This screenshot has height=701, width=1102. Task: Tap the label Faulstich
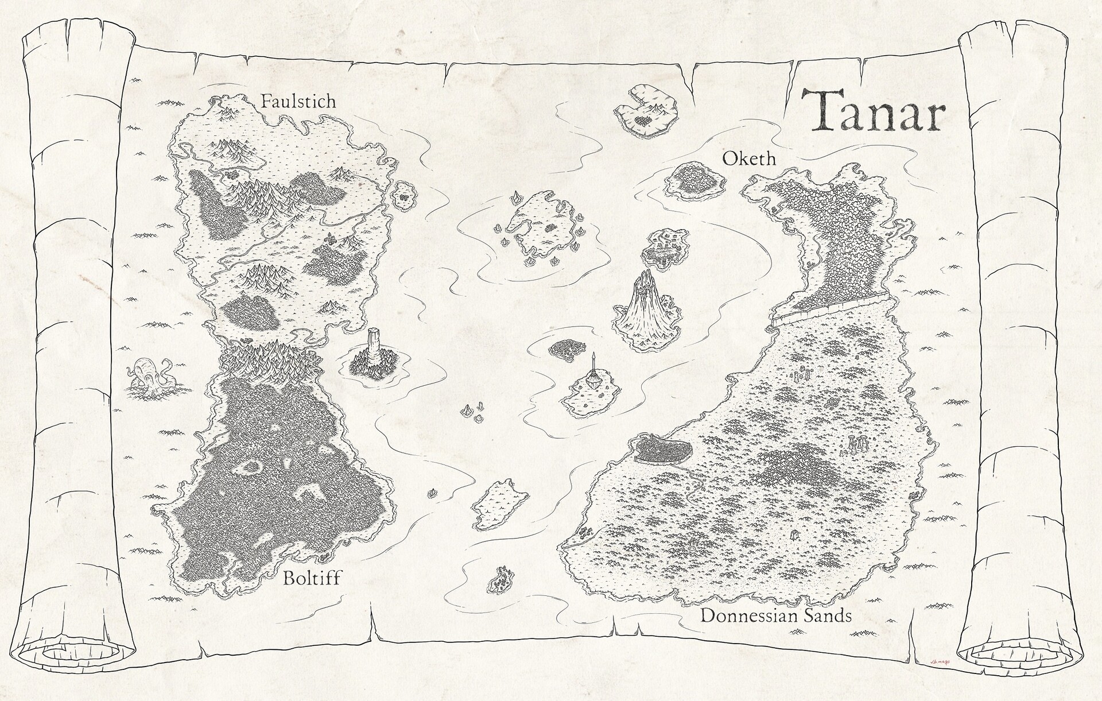coord(298,102)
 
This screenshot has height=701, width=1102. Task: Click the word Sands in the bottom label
coord(824,617)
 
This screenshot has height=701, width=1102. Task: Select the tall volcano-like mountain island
coord(647,311)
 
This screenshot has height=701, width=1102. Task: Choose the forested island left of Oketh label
coord(692,180)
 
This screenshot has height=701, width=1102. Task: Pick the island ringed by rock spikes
coord(539,224)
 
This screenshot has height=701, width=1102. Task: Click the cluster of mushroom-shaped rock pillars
coord(857,445)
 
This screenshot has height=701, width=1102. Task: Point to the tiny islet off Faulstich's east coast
coord(405,195)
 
